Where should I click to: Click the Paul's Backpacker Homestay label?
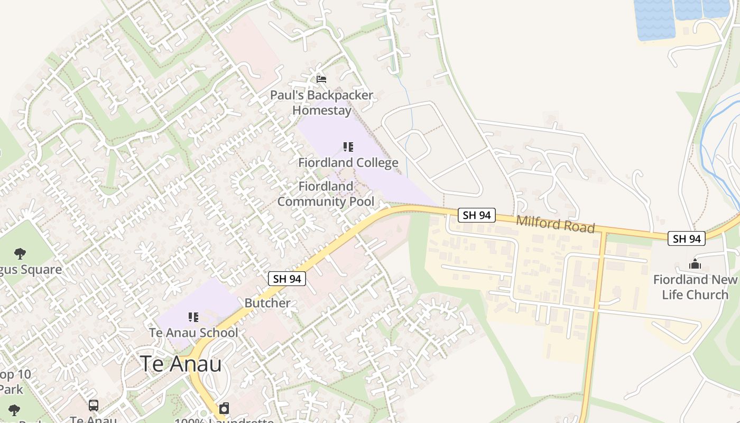tap(321, 103)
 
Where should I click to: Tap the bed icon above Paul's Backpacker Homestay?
tap(321, 79)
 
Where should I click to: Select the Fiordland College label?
tap(348, 162)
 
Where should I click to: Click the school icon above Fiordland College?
tap(348, 146)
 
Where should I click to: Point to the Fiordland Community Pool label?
tap(326, 194)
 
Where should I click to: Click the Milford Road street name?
tap(556, 224)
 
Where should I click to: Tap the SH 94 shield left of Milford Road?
tap(477, 215)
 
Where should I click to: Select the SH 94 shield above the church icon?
tap(686, 238)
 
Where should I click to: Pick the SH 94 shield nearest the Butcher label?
tap(287, 279)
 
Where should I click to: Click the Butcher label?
tap(267, 303)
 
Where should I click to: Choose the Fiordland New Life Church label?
tap(695, 287)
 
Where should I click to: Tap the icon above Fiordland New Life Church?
tap(695, 264)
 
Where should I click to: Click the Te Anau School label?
tap(193, 333)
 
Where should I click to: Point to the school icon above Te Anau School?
tap(193, 317)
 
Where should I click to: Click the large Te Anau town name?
tap(181, 364)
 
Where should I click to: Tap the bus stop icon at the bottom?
tap(94, 406)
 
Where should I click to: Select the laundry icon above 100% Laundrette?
tap(224, 408)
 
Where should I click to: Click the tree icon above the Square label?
tap(20, 253)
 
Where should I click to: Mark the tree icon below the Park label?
tap(14, 410)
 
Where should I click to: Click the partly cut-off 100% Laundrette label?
tap(224, 420)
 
